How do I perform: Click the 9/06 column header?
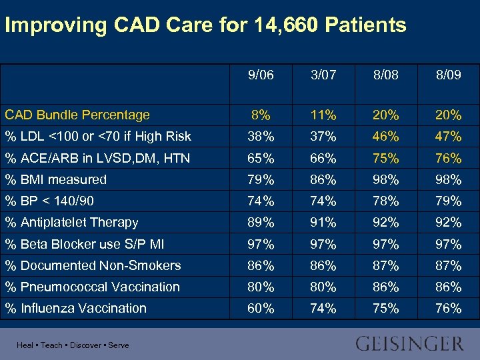260,76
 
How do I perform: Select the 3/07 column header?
323,76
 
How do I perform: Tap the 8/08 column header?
386,76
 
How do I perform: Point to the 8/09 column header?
448,76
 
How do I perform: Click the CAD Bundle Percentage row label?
77,115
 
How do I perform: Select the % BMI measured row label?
56,179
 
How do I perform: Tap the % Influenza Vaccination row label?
76,308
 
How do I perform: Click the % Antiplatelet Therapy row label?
72,222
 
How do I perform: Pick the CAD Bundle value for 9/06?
260,115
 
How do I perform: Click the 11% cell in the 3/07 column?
323,115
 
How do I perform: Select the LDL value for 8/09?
448,137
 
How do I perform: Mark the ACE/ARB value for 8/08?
386,158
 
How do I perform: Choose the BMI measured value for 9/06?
260,179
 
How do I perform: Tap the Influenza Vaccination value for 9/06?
260,308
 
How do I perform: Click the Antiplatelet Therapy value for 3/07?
323,222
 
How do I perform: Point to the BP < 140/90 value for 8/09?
448,201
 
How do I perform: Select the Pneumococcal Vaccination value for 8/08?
386,287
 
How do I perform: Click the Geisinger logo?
409,344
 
